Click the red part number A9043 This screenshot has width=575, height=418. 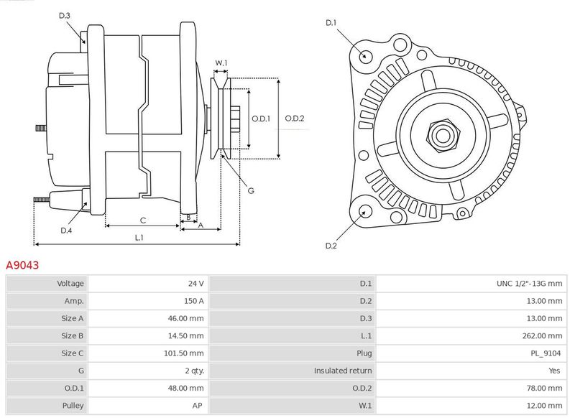click(x=22, y=265)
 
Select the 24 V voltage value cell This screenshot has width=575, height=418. click(x=196, y=283)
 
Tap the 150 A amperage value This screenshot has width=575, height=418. click(x=193, y=301)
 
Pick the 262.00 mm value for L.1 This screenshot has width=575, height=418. click(x=542, y=335)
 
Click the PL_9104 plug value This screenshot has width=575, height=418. click(x=546, y=353)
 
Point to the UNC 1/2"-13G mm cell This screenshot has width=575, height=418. click(x=529, y=283)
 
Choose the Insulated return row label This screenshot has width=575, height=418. click(x=343, y=371)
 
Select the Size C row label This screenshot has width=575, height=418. click(x=73, y=353)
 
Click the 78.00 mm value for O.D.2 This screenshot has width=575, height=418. click(x=544, y=388)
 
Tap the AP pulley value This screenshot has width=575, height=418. click(x=197, y=406)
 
